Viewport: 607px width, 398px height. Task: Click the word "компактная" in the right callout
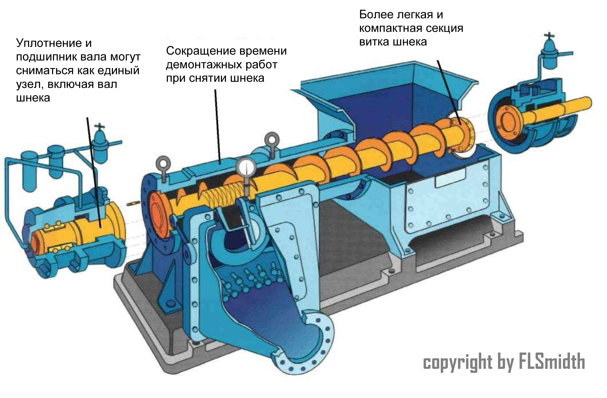coord(390,28)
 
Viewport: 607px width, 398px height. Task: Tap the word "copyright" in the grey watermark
coord(457,363)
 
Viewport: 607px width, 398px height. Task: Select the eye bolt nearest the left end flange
coord(163,165)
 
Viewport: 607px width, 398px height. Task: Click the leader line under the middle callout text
coord(217,126)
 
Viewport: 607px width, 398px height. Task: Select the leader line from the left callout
coord(94,172)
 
